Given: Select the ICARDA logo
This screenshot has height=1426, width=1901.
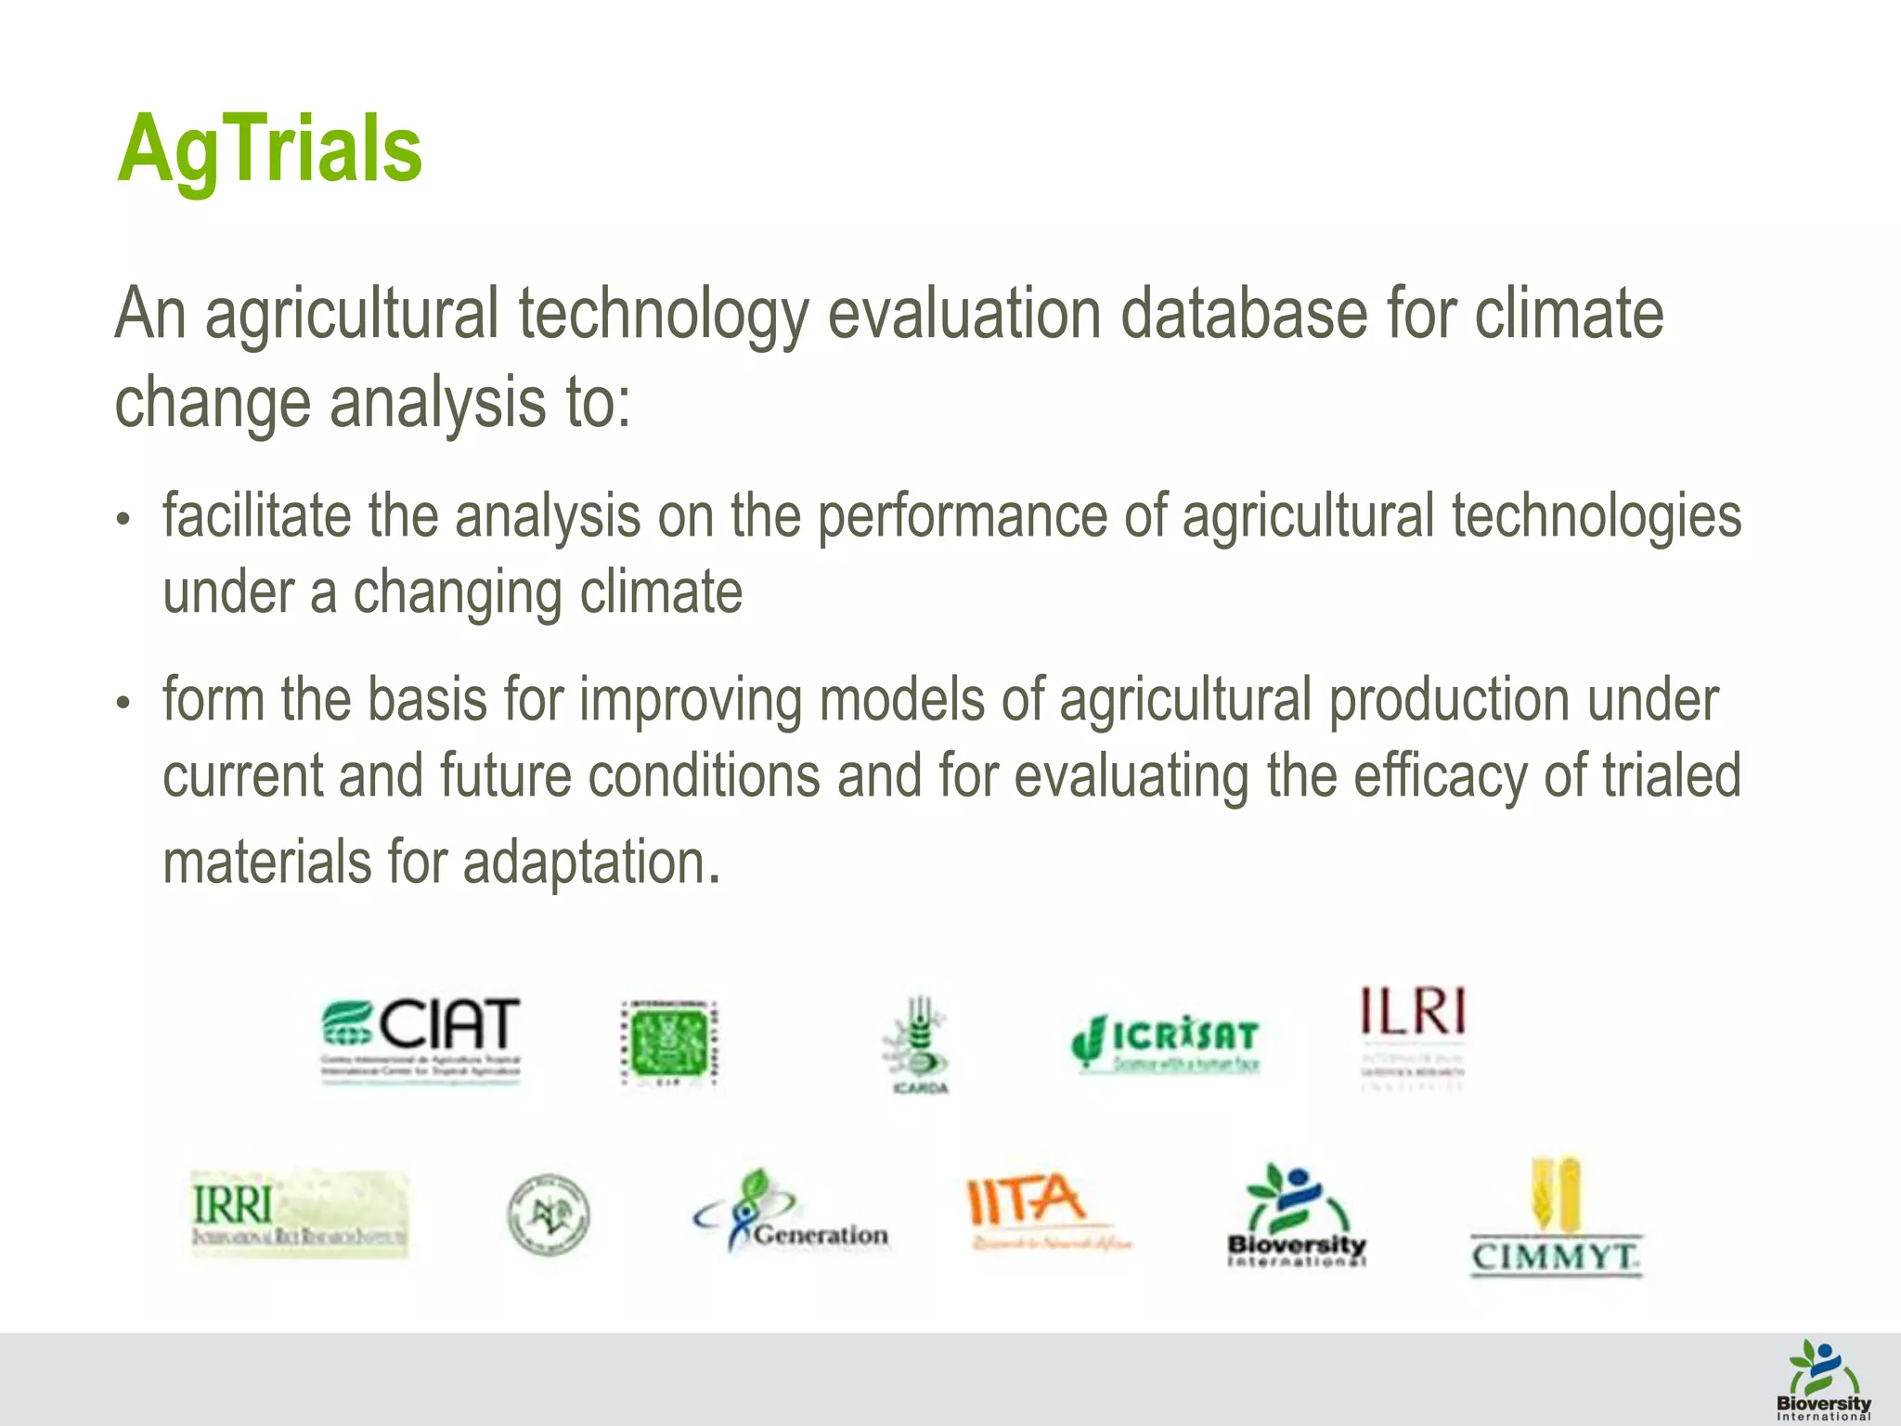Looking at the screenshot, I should (917, 1044).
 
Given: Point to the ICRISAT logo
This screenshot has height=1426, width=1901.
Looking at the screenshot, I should (1166, 1042).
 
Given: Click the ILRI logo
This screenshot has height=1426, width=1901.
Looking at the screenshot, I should (1413, 1035).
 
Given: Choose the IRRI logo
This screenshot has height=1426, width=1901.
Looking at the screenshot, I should (299, 1212).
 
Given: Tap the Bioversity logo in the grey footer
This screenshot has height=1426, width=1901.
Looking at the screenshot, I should (1823, 1380).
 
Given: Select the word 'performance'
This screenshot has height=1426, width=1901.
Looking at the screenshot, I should (962, 516).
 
